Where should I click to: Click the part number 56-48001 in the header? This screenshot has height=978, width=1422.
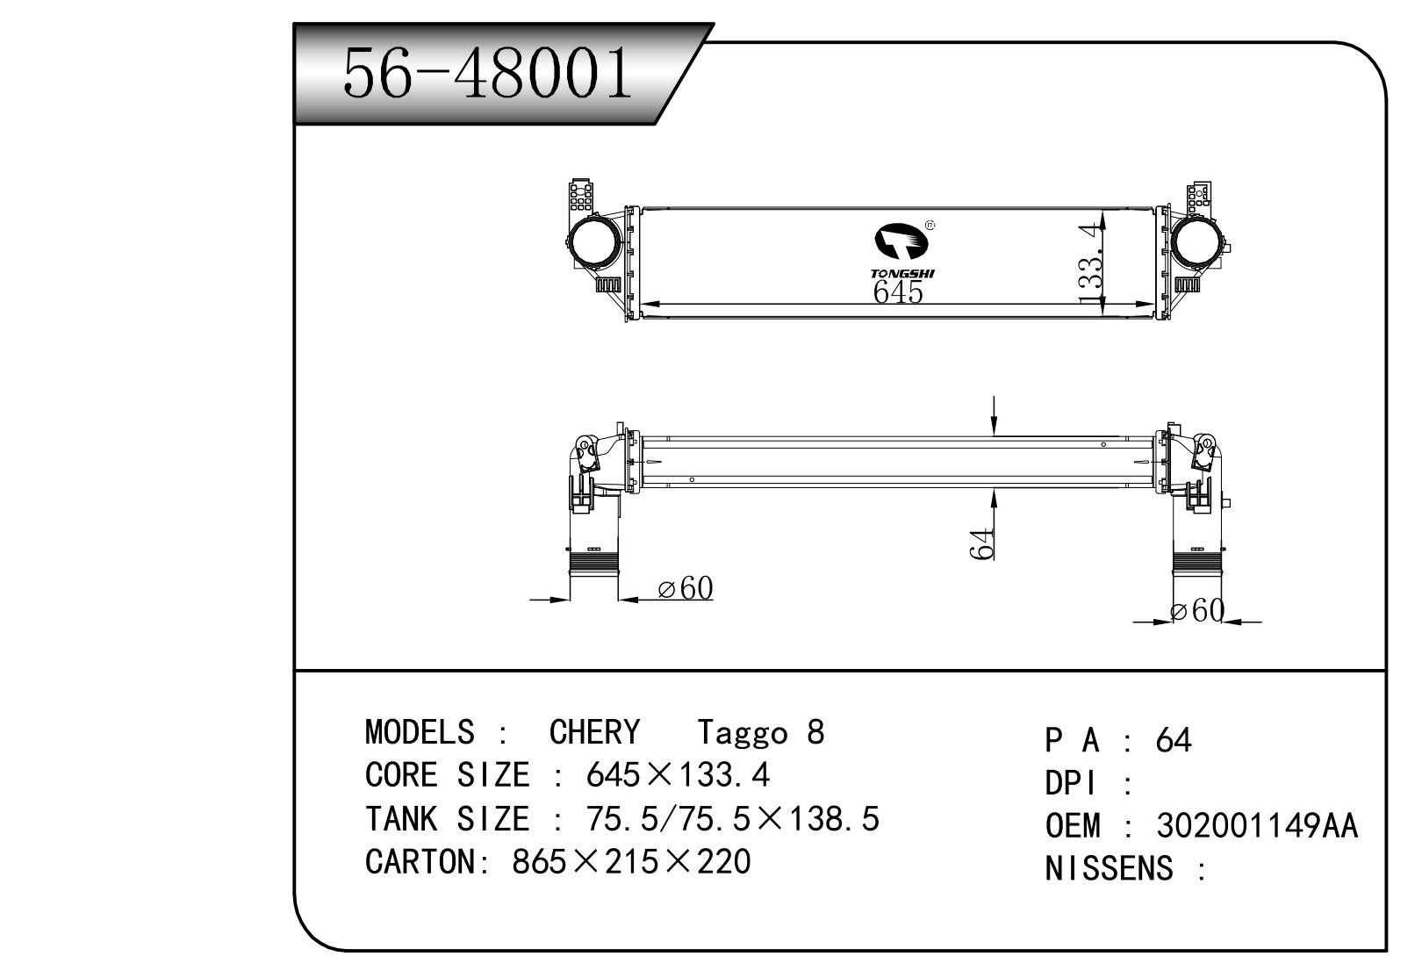click(487, 72)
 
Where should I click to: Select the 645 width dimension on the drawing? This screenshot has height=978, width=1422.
click(898, 291)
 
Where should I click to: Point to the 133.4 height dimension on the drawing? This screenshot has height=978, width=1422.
click(1090, 264)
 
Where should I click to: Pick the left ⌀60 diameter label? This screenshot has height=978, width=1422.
click(685, 589)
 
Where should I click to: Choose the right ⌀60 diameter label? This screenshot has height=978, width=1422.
click(1196, 611)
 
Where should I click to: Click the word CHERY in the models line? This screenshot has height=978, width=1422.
click(594, 732)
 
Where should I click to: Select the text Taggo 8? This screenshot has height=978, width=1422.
click(760, 732)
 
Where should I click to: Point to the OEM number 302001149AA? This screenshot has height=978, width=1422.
click(1256, 826)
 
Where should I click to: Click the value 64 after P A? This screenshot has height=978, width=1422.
click(1174, 741)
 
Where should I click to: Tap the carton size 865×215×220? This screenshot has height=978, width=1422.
click(631, 862)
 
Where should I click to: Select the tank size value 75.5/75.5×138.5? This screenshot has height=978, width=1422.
click(732, 819)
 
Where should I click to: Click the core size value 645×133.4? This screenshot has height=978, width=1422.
click(678, 775)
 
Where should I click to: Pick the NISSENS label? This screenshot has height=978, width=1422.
click(1109, 869)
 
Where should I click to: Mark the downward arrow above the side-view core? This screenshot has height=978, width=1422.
click(994, 416)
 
